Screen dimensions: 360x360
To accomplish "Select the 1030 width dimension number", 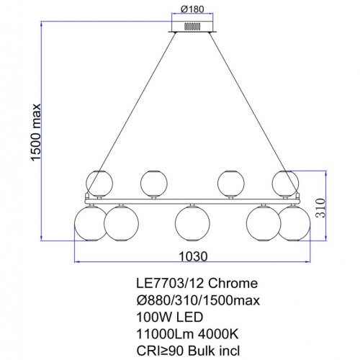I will [192, 256].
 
